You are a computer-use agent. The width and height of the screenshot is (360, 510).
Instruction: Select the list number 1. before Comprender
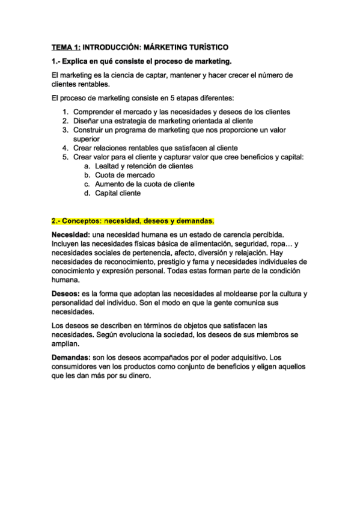click(66, 112)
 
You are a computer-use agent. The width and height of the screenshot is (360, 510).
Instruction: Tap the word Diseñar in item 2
click(85, 121)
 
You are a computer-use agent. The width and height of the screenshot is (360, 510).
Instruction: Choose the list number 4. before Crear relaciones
click(66, 148)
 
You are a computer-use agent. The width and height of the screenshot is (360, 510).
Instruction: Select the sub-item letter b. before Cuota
click(87, 175)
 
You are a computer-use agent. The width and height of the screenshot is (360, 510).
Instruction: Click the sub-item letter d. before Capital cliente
click(87, 193)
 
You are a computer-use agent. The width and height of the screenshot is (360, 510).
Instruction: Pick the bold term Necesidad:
click(71, 234)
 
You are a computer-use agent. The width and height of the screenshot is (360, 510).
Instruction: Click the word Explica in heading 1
click(77, 61)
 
